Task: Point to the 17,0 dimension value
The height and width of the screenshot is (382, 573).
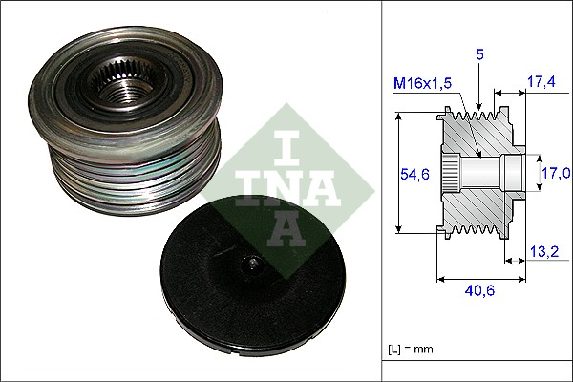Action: [x=555, y=173]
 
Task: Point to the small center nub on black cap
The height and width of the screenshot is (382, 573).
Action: [x=250, y=265]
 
